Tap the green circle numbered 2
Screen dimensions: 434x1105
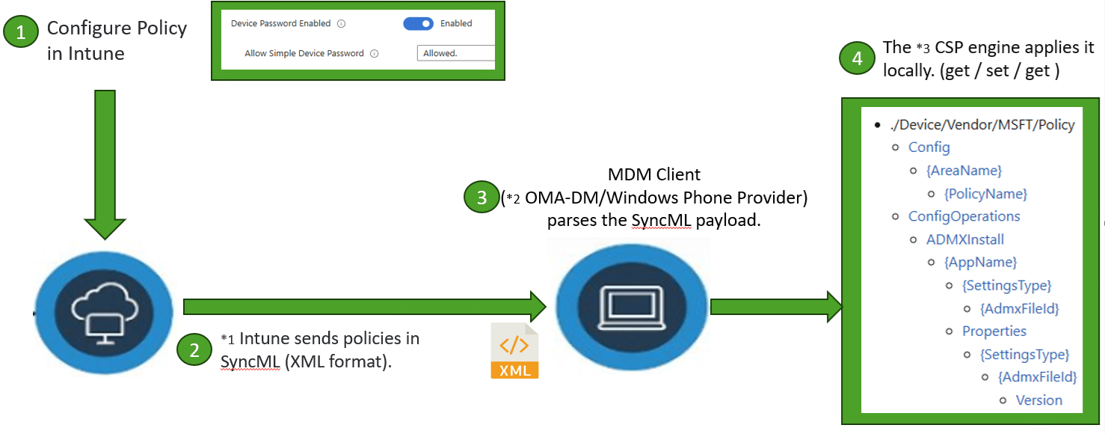(x=194, y=350)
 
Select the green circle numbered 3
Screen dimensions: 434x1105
(x=481, y=197)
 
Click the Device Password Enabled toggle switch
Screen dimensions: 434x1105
(x=418, y=23)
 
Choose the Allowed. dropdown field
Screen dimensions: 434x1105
(x=455, y=53)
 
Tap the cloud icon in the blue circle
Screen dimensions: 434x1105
(x=104, y=308)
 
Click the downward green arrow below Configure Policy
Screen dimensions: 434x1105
(x=105, y=161)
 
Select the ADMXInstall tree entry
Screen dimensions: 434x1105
(x=964, y=239)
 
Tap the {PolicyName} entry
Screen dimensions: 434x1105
(x=985, y=194)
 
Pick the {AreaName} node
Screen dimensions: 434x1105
(x=964, y=171)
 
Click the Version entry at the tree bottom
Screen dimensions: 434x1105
(x=1038, y=400)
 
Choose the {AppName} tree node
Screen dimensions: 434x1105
(x=980, y=262)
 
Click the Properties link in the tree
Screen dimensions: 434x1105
(x=994, y=331)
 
